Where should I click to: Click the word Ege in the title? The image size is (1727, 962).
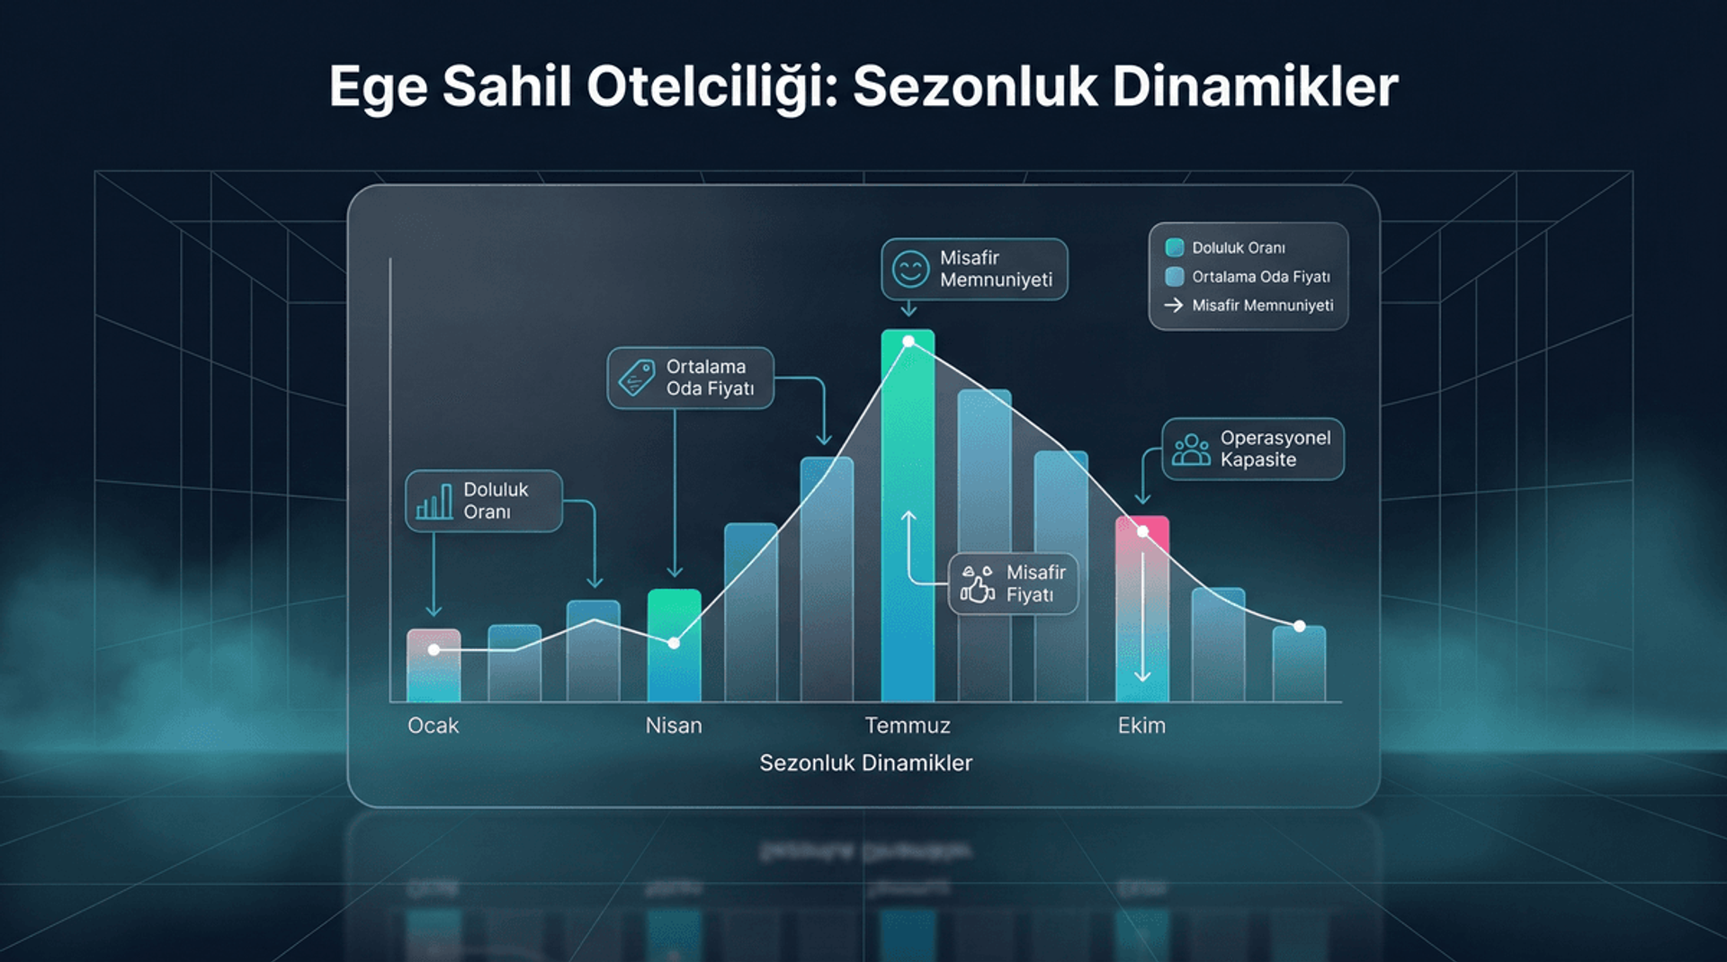coord(378,89)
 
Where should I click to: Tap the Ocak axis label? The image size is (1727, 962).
coord(433,726)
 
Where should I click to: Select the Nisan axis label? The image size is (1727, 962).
coord(674,726)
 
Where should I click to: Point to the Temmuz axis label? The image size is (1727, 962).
coord(907,726)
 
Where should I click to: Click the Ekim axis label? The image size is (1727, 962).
coord(1141,726)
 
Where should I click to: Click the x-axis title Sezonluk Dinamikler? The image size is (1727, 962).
coord(865,763)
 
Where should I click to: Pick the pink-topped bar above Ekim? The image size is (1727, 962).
coord(1142,611)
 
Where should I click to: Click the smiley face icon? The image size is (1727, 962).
coord(910,269)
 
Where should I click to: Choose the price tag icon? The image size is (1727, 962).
coord(637,378)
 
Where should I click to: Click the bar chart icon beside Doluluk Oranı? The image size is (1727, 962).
coord(434,502)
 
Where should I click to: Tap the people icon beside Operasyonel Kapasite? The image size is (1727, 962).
coord(1191,450)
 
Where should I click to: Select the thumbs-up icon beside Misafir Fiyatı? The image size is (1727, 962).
coord(977,584)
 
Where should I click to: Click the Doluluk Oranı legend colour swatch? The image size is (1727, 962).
coord(1174,248)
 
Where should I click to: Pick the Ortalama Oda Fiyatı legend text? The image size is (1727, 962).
coord(1260,277)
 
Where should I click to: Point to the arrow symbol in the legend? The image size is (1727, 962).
coord(1174,306)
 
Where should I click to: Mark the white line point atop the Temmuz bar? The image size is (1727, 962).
coord(908,342)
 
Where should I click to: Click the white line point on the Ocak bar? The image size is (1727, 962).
coord(434,649)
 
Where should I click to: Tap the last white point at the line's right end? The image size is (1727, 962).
coord(1299,626)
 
